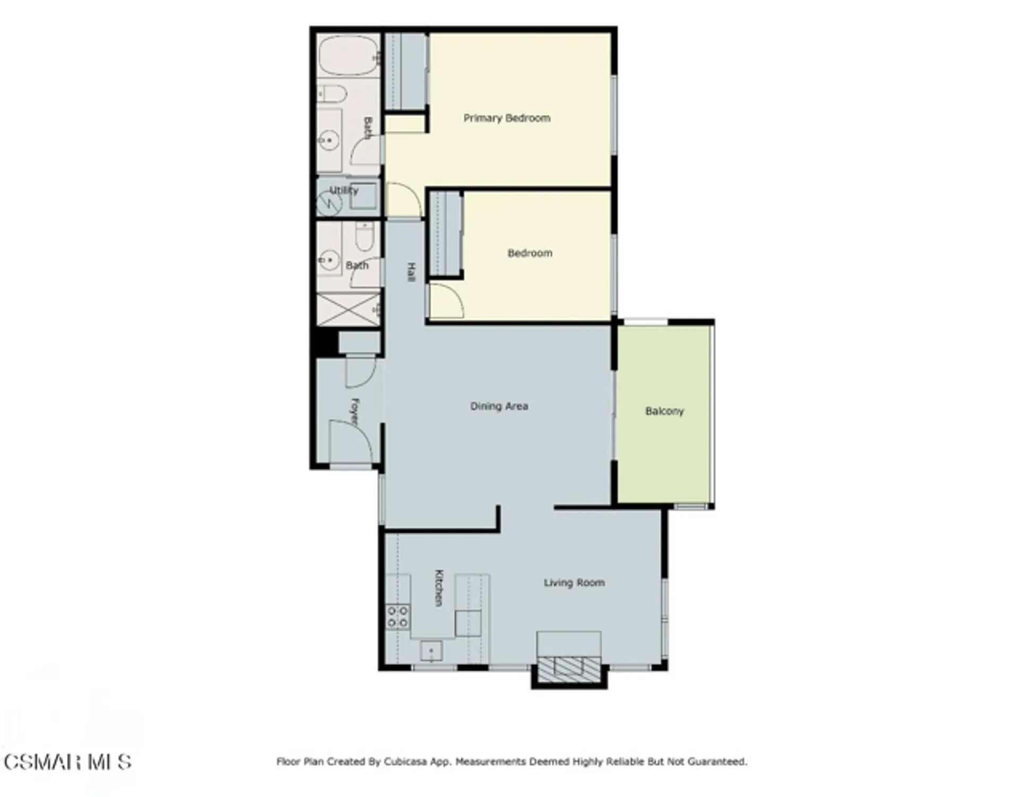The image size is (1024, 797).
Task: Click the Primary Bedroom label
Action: pyautogui.click(x=507, y=118)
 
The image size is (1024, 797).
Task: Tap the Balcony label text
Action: pyautogui.click(x=664, y=411)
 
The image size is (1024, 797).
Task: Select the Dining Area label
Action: pyautogui.click(x=499, y=406)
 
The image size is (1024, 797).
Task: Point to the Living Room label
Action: pyautogui.click(x=574, y=583)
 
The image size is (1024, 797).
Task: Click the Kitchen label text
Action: pyautogui.click(x=439, y=588)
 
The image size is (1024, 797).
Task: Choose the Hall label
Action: pyautogui.click(x=411, y=272)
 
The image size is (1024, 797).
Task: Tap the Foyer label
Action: pyautogui.click(x=355, y=411)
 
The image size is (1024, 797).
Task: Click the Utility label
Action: pyautogui.click(x=344, y=190)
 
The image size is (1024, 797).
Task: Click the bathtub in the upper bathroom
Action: pyautogui.click(x=348, y=56)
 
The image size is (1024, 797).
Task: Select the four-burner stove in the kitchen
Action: pyautogui.click(x=398, y=616)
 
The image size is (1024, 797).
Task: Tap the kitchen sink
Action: pyautogui.click(x=431, y=650)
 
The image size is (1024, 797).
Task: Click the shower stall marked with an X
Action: pyautogui.click(x=348, y=309)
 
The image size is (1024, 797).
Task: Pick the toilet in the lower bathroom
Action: pyautogui.click(x=364, y=237)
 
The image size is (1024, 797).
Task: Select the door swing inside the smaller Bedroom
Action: pyautogui.click(x=446, y=301)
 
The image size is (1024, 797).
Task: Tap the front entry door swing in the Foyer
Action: pyautogui.click(x=351, y=441)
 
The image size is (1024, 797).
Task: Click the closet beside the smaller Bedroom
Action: pyautogui.click(x=445, y=234)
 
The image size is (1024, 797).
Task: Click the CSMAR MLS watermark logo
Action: pyautogui.click(x=67, y=762)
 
